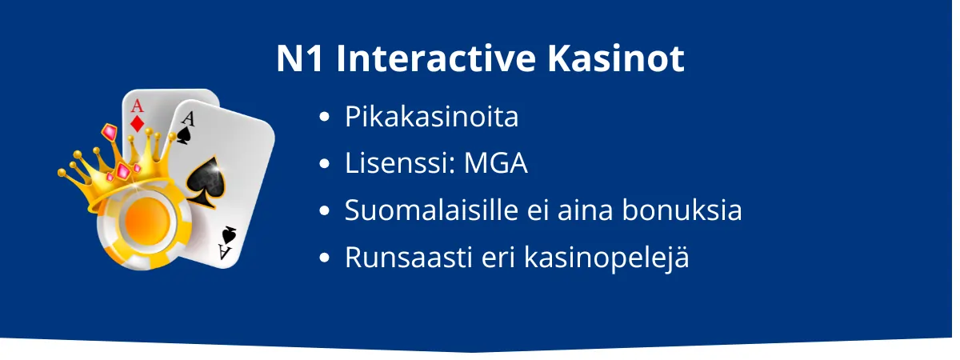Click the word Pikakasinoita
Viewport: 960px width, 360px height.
[x=431, y=118]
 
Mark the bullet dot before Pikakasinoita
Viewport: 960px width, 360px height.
[x=324, y=118]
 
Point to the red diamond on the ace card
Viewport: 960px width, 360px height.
[x=138, y=124]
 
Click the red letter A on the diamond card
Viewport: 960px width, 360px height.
[x=137, y=106]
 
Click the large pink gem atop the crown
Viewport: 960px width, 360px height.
[x=110, y=132]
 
